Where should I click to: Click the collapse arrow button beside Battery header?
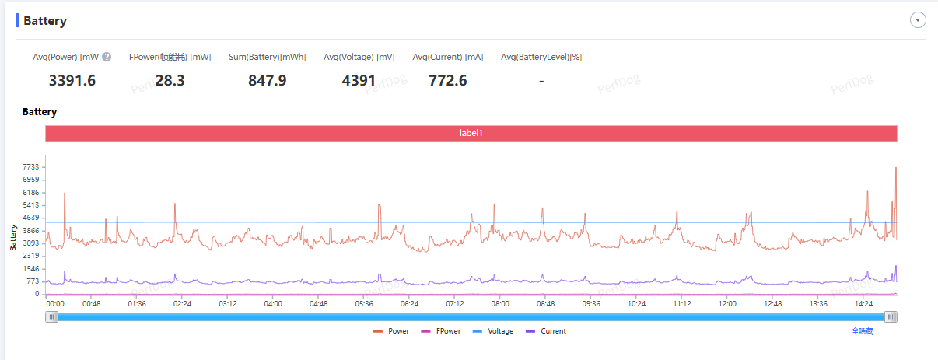click(x=918, y=20)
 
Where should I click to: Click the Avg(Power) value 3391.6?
click(x=72, y=80)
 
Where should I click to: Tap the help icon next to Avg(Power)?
click(x=107, y=57)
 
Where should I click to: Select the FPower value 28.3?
click(x=170, y=80)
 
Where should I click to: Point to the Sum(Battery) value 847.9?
click(x=268, y=80)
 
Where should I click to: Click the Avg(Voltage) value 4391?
click(x=359, y=80)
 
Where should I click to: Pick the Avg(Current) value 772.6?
click(x=447, y=80)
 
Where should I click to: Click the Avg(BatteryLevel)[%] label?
click(x=541, y=57)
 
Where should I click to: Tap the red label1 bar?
click(x=471, y=134)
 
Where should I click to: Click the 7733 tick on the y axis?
click(x=30, y=167)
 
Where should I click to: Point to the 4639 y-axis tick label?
click(x=30, y=218)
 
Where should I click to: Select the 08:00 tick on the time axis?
click(x=500, y=304)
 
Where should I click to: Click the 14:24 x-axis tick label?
click(x=863, y=304)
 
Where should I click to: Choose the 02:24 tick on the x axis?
click(x=182, y=304)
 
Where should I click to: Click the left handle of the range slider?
click(x=51, y=316)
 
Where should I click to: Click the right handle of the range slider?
click(x=891, y=316)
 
